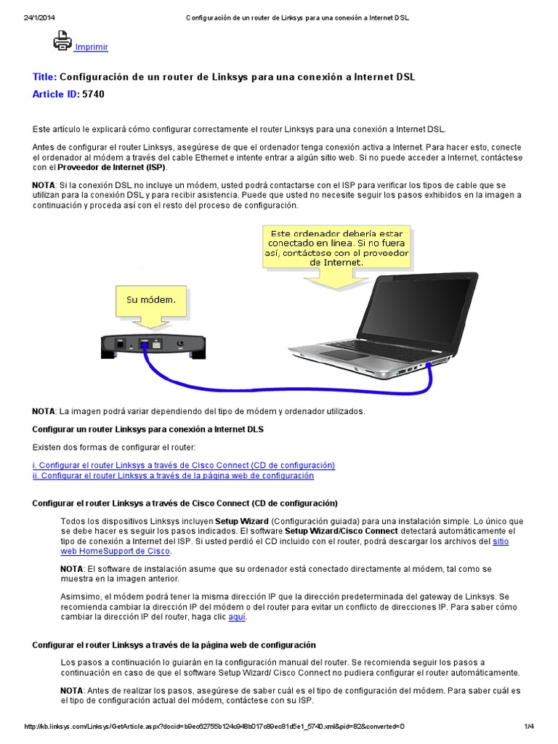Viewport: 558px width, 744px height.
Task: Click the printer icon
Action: coord(62,41)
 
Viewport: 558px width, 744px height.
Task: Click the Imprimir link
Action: coord(92,47)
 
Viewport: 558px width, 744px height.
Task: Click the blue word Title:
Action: coord(44,77)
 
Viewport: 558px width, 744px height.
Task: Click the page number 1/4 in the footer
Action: coord(528,727)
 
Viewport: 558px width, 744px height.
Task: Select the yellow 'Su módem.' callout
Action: coord(152,299)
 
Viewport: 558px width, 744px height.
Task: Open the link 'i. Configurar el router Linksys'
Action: coord(184,465)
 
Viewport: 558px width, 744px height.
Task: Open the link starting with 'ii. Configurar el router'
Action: coord(173,476)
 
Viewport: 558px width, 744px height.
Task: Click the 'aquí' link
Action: coord(237,617)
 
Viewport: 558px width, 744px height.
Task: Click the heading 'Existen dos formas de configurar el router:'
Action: coord(114,446)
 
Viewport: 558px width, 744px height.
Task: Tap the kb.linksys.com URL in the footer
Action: coord(214,727)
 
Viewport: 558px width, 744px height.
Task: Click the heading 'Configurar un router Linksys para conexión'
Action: coord(148,429)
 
